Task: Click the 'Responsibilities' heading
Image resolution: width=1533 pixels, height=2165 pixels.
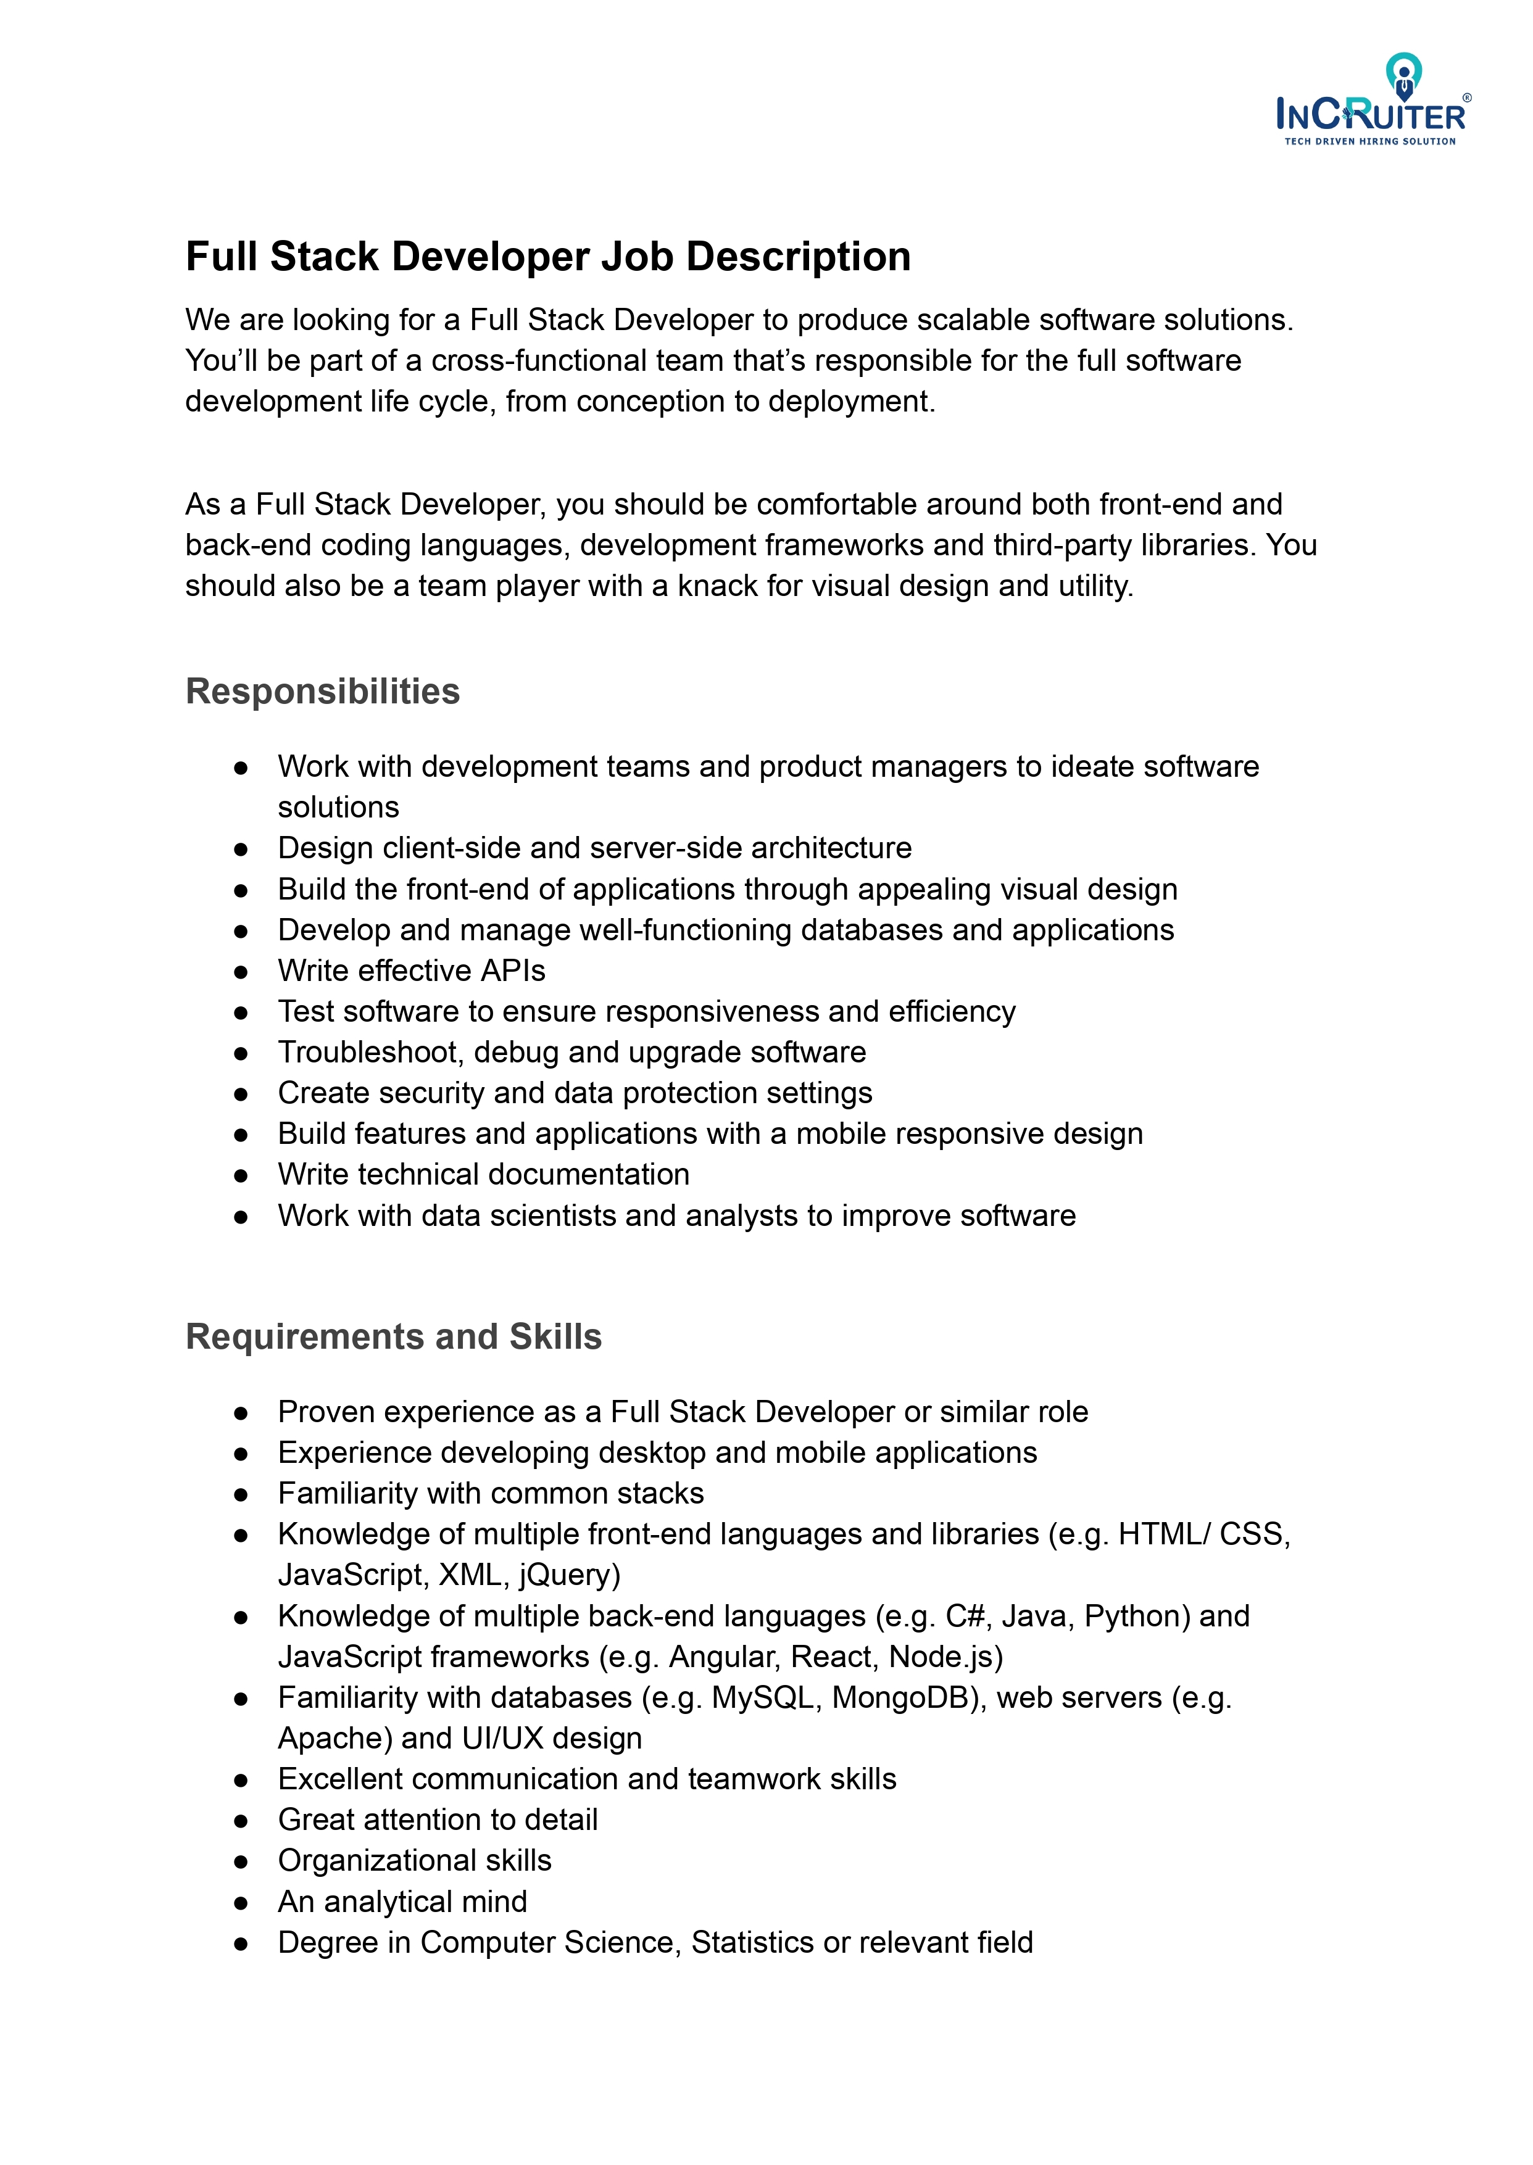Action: click(x=322, y=691)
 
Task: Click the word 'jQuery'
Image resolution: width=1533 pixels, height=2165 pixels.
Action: click(x=568, y=1575)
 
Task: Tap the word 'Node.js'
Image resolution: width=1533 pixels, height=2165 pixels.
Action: click(x=945, y=1657)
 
